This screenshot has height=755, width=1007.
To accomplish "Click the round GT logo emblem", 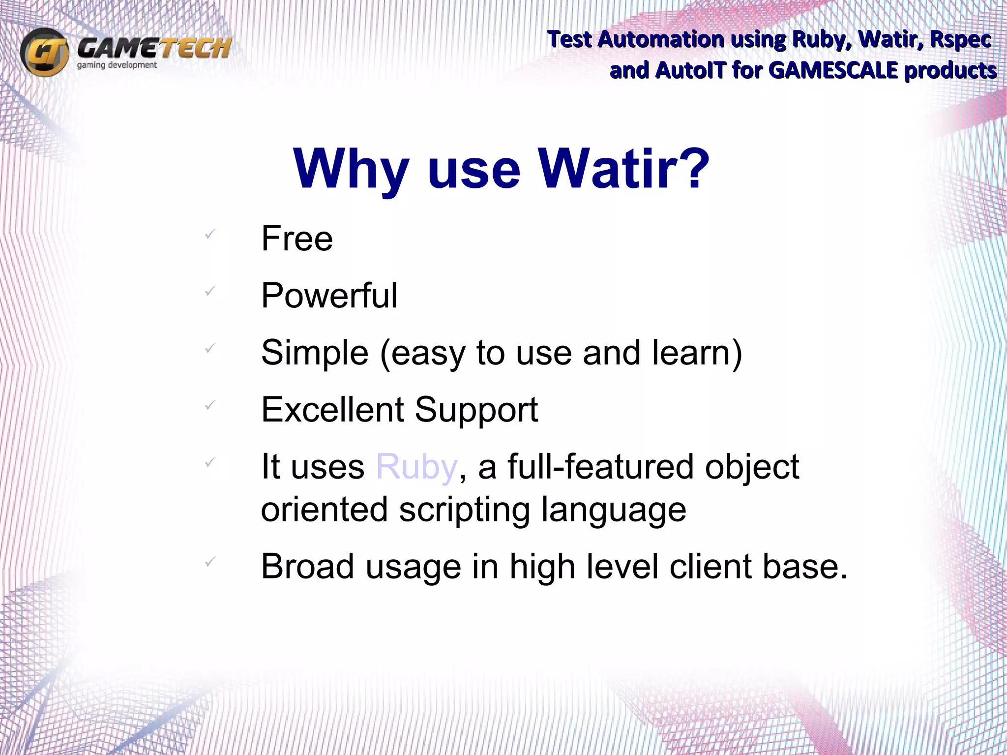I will click(x=44, y=52).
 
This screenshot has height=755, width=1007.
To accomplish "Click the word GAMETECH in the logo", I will click(x=154, y=48).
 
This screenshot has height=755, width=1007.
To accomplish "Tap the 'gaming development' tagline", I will click(x=117, y=65).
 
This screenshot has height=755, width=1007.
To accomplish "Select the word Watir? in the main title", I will click(x=623, y=169).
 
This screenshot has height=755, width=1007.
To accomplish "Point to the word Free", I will click(x=297, y=239).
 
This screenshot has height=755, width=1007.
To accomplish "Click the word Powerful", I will click(x=329, y=296).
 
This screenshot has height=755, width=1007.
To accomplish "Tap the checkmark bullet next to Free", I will click(x=210, y=234).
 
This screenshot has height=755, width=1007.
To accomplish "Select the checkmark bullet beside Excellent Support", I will click(x=210, y=405).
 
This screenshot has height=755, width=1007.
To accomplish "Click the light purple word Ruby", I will click(x=416, y=467).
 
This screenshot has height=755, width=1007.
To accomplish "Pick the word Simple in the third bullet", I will click(x=315, y=353).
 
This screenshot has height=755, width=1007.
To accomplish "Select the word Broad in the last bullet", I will click(x=307, y=567).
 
